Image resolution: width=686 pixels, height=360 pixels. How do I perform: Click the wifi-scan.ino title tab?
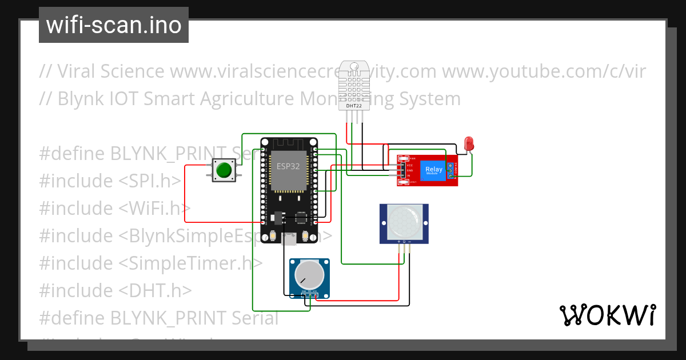coord(113,25)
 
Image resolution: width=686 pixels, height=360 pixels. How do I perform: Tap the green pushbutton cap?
coord(223,170)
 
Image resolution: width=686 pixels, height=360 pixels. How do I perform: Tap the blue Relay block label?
coord(433,170)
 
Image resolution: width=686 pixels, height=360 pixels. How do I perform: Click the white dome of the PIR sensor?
coord(404,222)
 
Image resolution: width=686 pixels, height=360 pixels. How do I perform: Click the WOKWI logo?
coord(607,315)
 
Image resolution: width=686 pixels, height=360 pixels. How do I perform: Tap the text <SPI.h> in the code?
coord(150,181)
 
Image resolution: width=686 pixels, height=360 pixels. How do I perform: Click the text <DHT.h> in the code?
coord(155,291)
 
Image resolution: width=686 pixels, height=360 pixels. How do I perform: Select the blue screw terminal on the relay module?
coord(450,170)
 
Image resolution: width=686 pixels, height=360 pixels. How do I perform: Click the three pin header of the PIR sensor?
coord(404,242)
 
